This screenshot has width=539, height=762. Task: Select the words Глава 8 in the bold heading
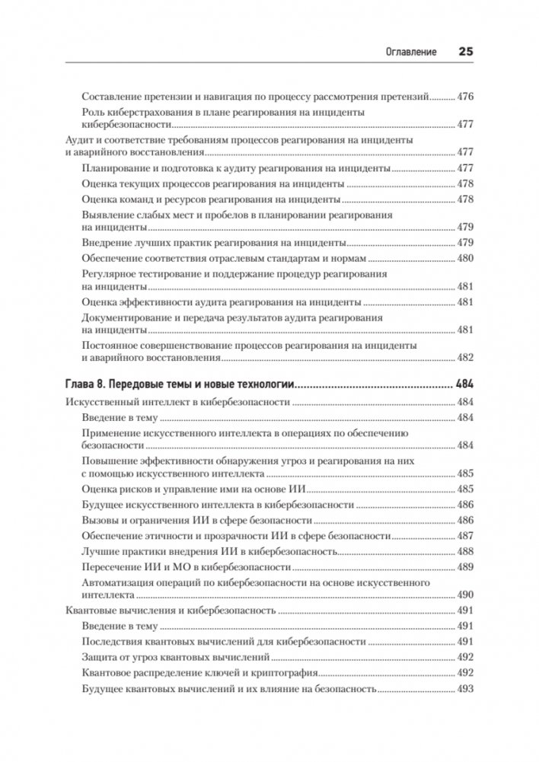(x=86, y=384)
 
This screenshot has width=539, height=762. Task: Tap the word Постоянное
(x=112, y=346)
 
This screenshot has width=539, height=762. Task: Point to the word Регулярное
(x=110, y=273)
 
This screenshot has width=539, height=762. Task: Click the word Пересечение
(x=112, y=567)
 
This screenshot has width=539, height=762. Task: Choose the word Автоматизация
(x=118, y=582)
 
